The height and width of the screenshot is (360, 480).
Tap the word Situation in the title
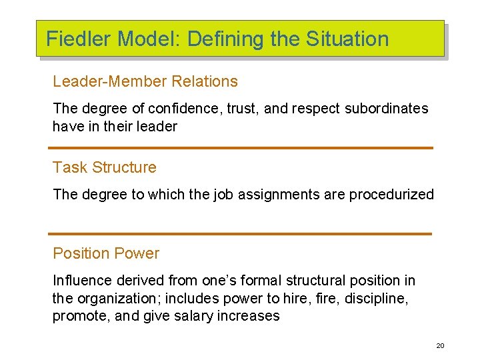(347, 39)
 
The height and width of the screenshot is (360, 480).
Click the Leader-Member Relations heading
(145, 81)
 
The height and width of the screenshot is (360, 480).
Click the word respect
(319, 108)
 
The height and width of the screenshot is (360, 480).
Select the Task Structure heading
(104, 167)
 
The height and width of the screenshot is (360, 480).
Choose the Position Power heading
(105, 253)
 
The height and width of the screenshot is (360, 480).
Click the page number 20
(440, 345)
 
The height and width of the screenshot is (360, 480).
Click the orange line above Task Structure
(241, 148)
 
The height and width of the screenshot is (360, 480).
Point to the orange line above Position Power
(240, 234)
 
